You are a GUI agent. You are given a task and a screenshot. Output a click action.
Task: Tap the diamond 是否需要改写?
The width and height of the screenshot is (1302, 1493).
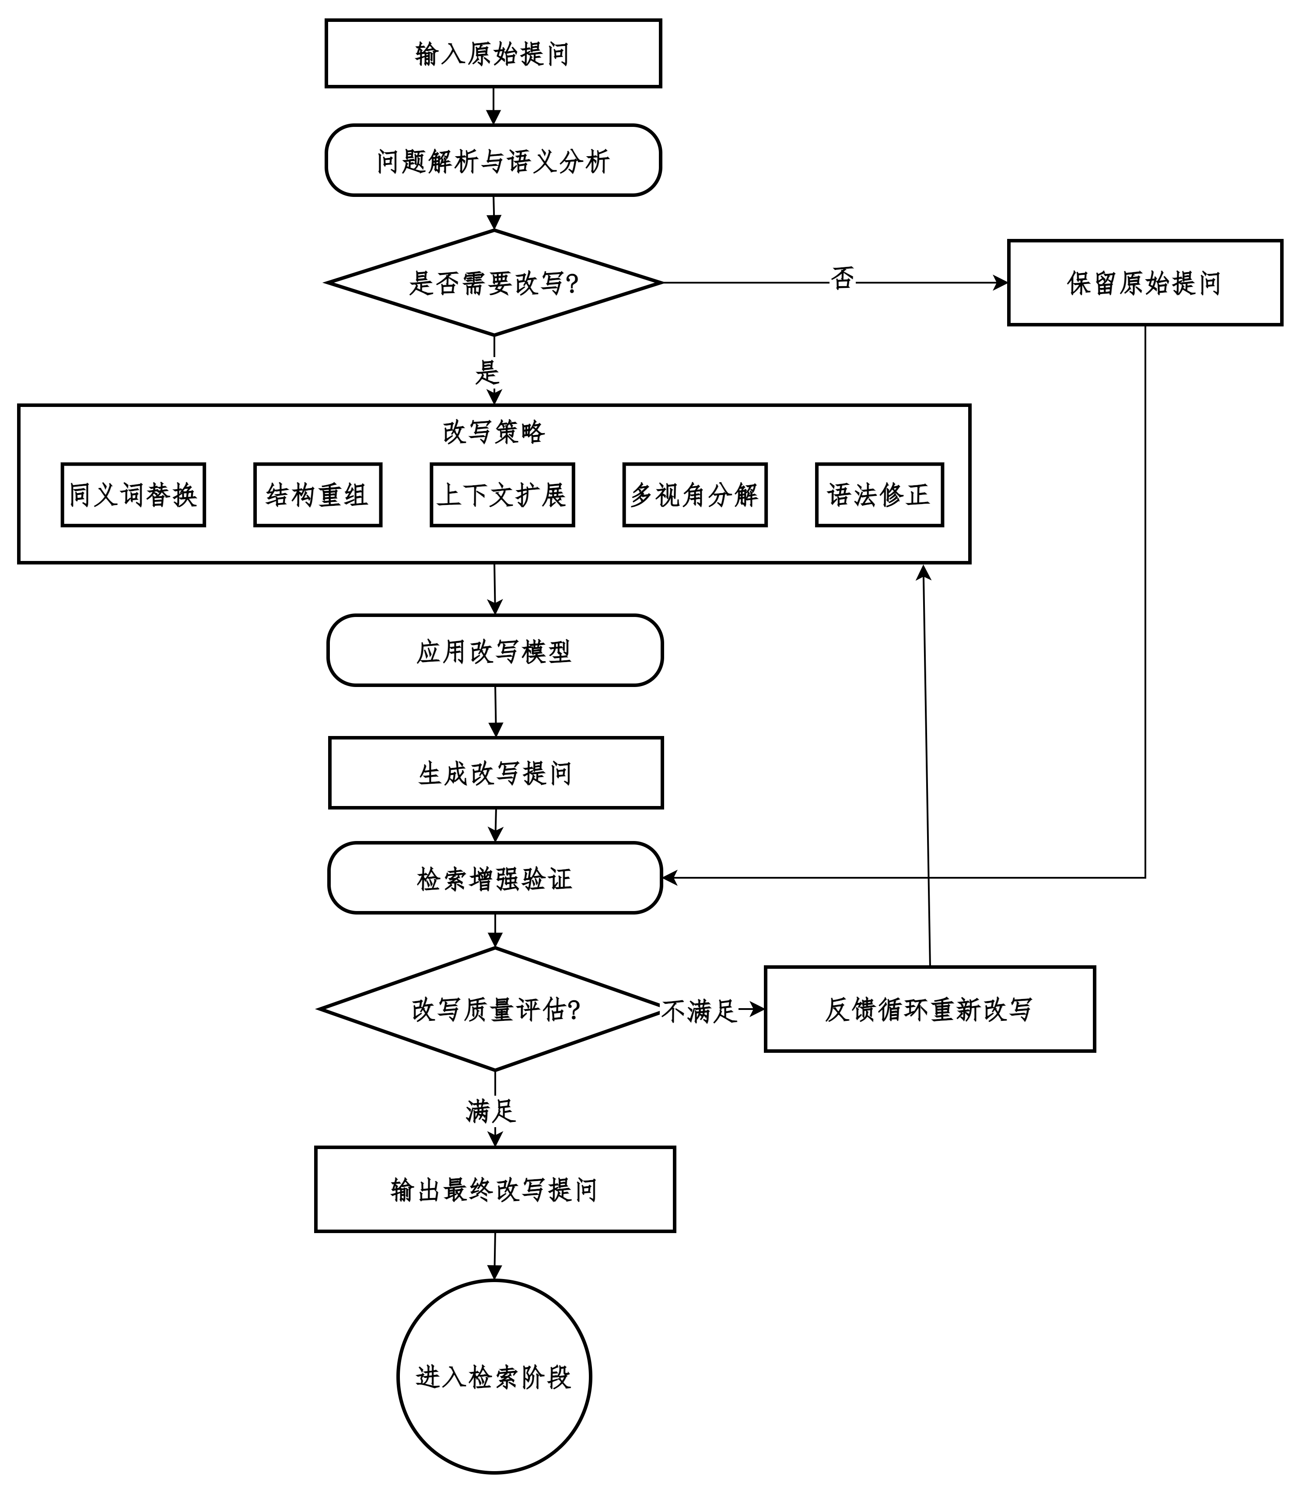tap(494, 283)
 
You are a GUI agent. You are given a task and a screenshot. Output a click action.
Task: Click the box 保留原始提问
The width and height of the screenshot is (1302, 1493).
tap(1145, 283)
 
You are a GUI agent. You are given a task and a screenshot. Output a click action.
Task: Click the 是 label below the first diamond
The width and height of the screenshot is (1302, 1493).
tap(487, 373)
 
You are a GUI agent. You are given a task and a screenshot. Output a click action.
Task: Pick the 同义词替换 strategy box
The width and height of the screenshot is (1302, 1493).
tap(134, 495)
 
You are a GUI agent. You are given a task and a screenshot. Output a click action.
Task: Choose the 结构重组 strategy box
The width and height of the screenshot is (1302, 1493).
tap(318, 495)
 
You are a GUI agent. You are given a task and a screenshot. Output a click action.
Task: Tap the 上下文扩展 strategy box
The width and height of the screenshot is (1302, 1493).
tap(502, 495)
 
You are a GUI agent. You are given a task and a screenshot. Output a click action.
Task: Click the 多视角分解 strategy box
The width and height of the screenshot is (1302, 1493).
tap(695, 495)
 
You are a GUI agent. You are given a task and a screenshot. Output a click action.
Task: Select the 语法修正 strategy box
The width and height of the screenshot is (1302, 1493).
tap(879, 495)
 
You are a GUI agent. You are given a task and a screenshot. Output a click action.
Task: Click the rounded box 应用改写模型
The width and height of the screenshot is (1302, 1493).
tap(495, 650)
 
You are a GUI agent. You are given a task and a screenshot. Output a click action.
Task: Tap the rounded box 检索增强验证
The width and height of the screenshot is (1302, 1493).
tap(495, 878)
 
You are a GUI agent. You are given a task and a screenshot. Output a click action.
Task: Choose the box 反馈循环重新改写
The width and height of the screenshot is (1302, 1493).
tap(930, 1009)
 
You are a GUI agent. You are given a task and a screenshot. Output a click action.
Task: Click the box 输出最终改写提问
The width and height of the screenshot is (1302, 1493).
tap(495, 1189)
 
